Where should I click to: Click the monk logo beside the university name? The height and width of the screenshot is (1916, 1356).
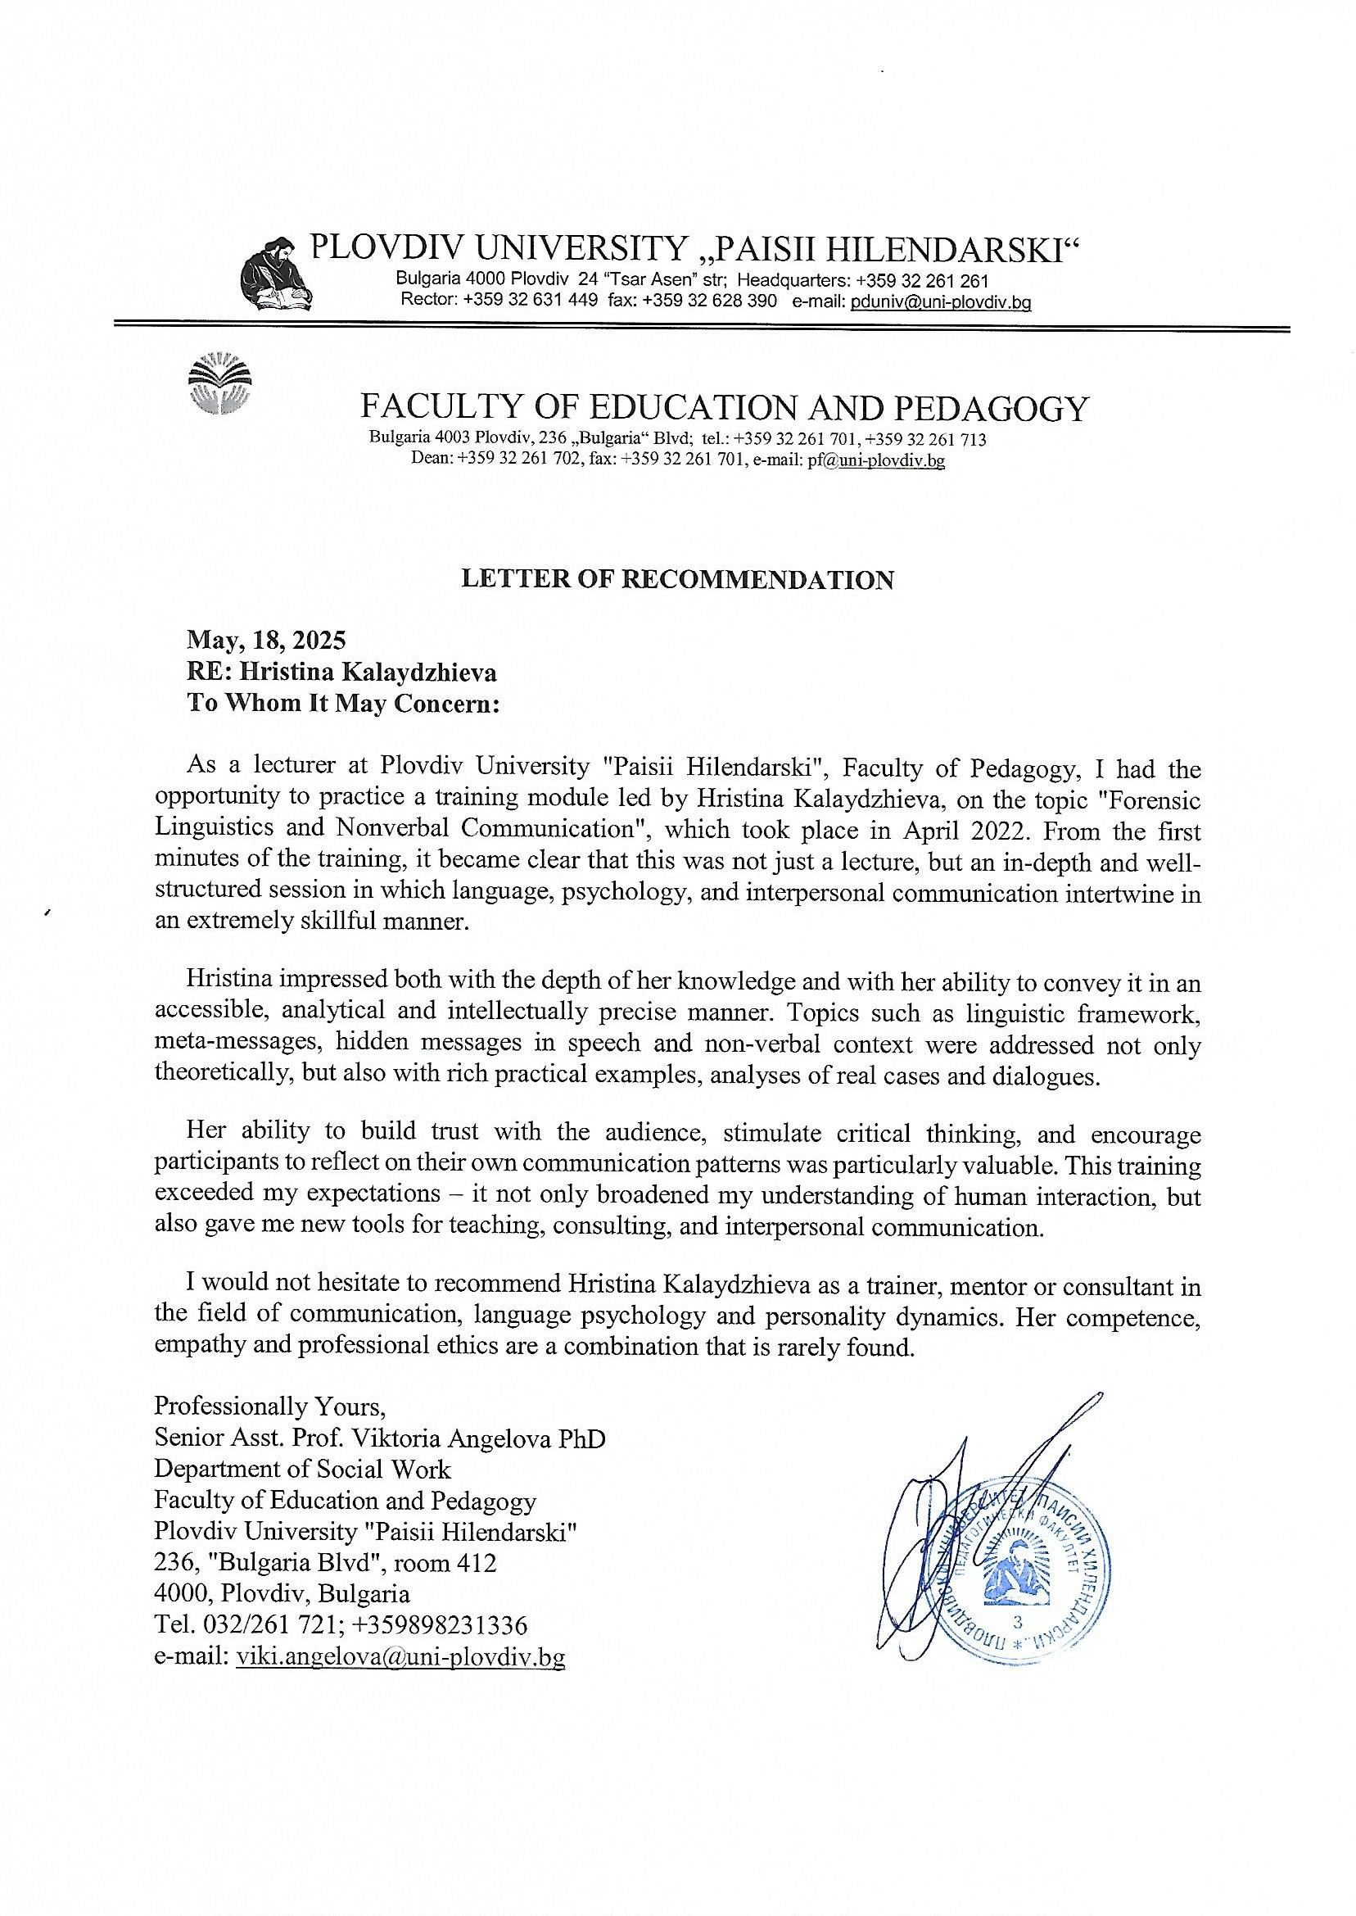click(273, 272)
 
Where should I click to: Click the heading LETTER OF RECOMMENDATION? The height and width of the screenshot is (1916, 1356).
click(677, 580)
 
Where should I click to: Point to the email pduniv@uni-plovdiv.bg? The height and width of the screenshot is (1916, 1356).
click(940, 301)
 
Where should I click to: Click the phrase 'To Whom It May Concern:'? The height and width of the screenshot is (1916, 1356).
click(342, 704)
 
